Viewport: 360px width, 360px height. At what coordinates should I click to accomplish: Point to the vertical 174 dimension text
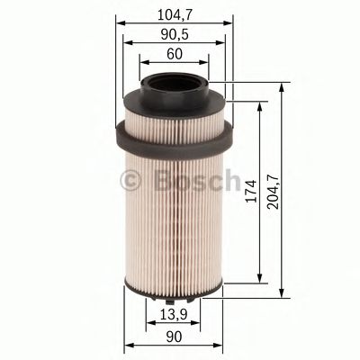252,191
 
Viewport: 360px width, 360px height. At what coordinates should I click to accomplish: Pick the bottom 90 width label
173,337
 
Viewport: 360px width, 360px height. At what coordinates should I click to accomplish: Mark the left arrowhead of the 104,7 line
119,22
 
